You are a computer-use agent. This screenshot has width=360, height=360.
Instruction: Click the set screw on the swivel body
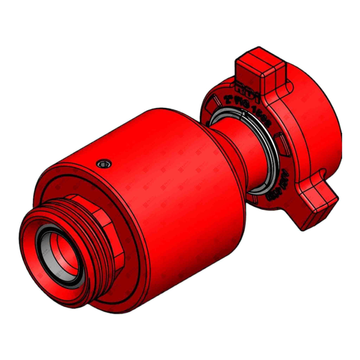click(105, 163)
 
